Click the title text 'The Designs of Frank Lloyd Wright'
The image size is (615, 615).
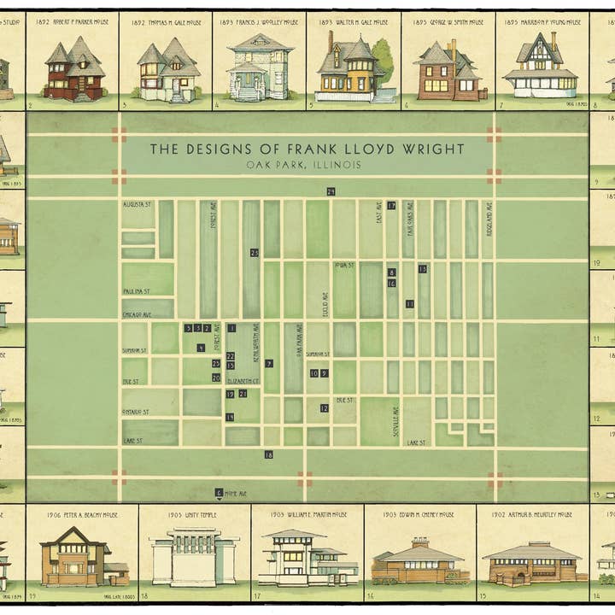click(307, 149)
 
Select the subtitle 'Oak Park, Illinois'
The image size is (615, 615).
click(304, 165)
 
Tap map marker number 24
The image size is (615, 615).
click(331, 190)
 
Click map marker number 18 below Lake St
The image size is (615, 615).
click(268, 455)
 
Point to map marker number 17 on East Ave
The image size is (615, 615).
click(391, 206)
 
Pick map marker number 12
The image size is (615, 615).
click(325, 408)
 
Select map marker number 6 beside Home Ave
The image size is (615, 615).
click(219, 492)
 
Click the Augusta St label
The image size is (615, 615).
click(136, 205)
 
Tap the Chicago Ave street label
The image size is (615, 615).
click(138, 314)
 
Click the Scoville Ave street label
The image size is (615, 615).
click(395, 419)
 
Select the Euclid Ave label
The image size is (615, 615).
click(325, 303)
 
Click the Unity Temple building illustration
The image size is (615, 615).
click(194, 556)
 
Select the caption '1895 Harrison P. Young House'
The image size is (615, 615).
click(541, 24)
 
